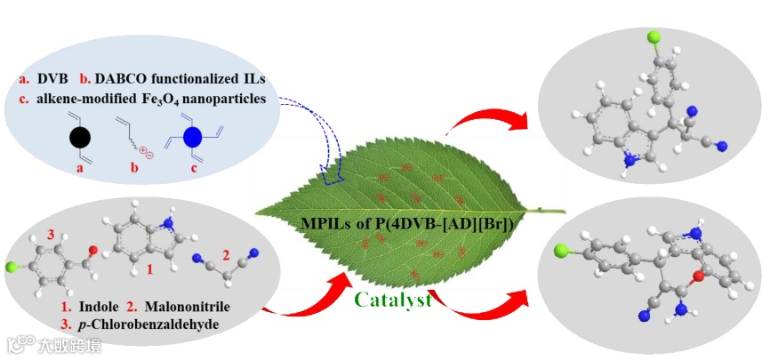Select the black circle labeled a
[79, 138]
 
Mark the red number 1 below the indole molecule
[150, 267]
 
